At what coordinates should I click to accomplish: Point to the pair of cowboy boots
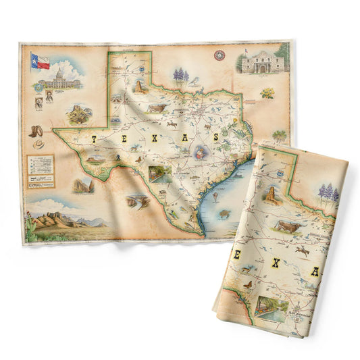(34, 131)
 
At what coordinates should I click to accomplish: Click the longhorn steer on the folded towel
(286, 226)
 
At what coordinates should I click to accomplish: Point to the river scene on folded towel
(270, 307)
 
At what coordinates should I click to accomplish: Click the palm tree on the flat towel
(279, 134)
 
